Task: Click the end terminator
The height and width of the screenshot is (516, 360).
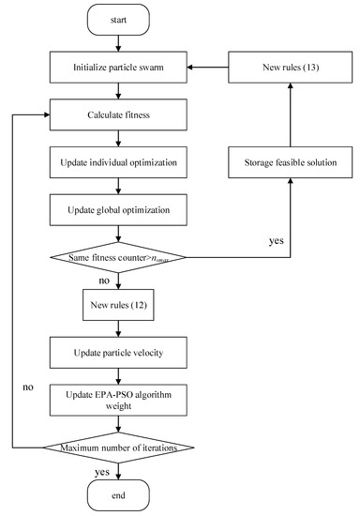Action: click(x=118, y=493)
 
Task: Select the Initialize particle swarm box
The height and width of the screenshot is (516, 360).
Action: click(x=118, y=68)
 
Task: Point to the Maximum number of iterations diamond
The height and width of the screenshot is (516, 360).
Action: click(x=118, y=448)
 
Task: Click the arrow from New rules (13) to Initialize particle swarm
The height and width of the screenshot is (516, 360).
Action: click(x=218, y=68)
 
